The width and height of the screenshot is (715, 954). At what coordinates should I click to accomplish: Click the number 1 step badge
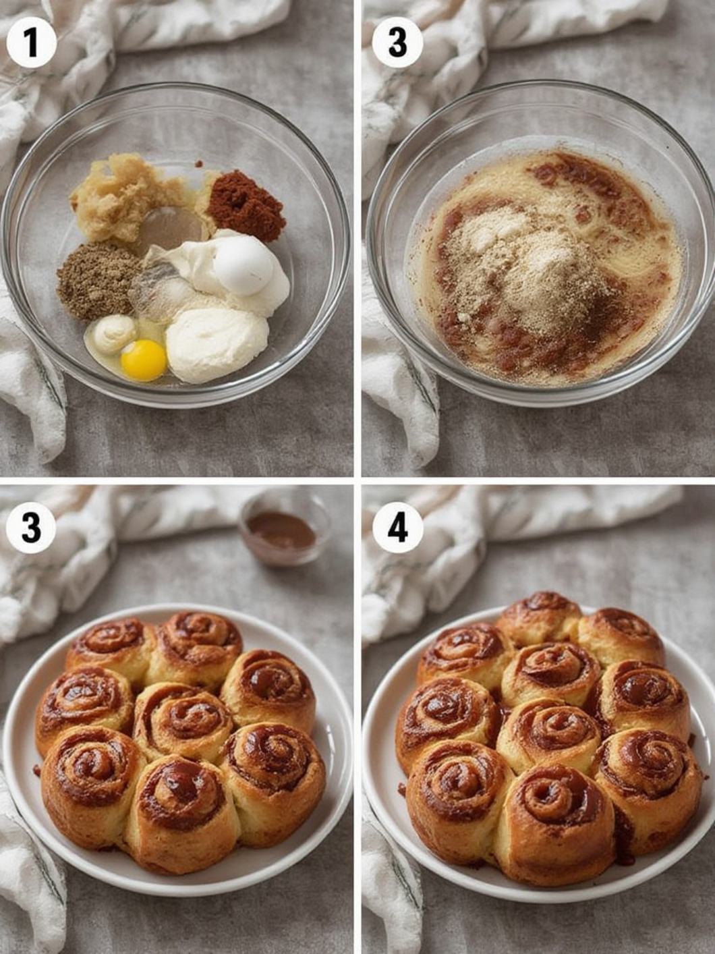click(31, 43)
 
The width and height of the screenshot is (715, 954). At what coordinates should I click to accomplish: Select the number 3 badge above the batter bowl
click(398, 43)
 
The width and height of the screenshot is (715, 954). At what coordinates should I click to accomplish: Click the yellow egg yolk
click(144, 360)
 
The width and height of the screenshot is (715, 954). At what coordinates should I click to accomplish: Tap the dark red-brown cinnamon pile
click(246, 200)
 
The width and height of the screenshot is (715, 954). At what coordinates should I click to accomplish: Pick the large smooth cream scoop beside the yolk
click(217, 344)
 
